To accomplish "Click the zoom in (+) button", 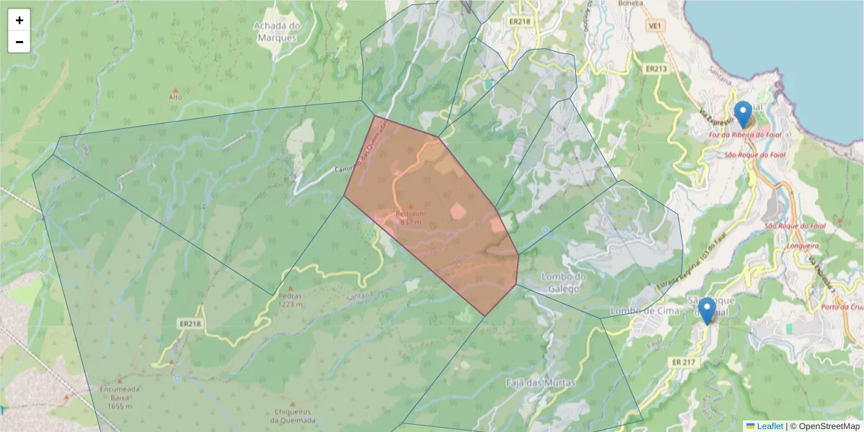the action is pos(19,20).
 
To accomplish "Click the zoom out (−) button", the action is pos(19,42).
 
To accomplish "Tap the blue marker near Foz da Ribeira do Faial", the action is pos(743,114).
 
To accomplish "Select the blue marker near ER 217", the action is pos(707,310).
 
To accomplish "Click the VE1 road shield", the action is pos(654,26).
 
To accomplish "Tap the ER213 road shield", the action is pos(656,69).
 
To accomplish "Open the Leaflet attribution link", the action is pos(769,426).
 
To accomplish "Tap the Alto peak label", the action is pos(175,96).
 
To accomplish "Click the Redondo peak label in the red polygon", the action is pos(410,214).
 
